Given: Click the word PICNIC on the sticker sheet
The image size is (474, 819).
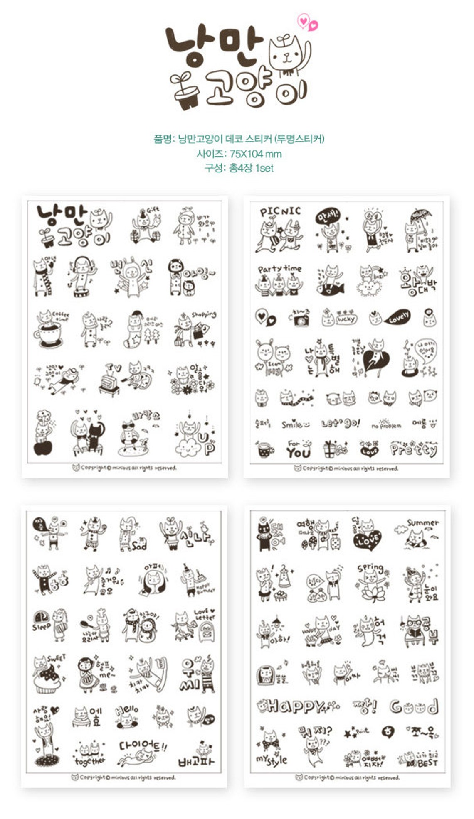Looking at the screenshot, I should tap(280, 212).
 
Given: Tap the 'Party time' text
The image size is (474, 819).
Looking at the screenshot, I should tap(279, 269).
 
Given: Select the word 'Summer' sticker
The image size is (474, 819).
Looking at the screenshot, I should tap(422, 523).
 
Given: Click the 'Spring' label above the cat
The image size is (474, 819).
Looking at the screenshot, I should tap(370, 568).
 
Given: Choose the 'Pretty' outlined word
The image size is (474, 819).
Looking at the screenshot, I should tap(414, 449).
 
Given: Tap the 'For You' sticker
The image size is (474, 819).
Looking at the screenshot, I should tap(298, 449).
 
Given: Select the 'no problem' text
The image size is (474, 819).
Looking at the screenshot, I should tap(386, 425).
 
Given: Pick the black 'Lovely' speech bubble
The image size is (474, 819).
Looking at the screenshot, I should tap(398, 318).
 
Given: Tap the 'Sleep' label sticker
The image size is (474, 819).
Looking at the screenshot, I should tap(42, 627).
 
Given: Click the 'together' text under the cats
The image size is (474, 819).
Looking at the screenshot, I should tap(89, 761).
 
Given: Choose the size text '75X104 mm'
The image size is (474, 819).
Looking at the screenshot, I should tap(255, 154).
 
